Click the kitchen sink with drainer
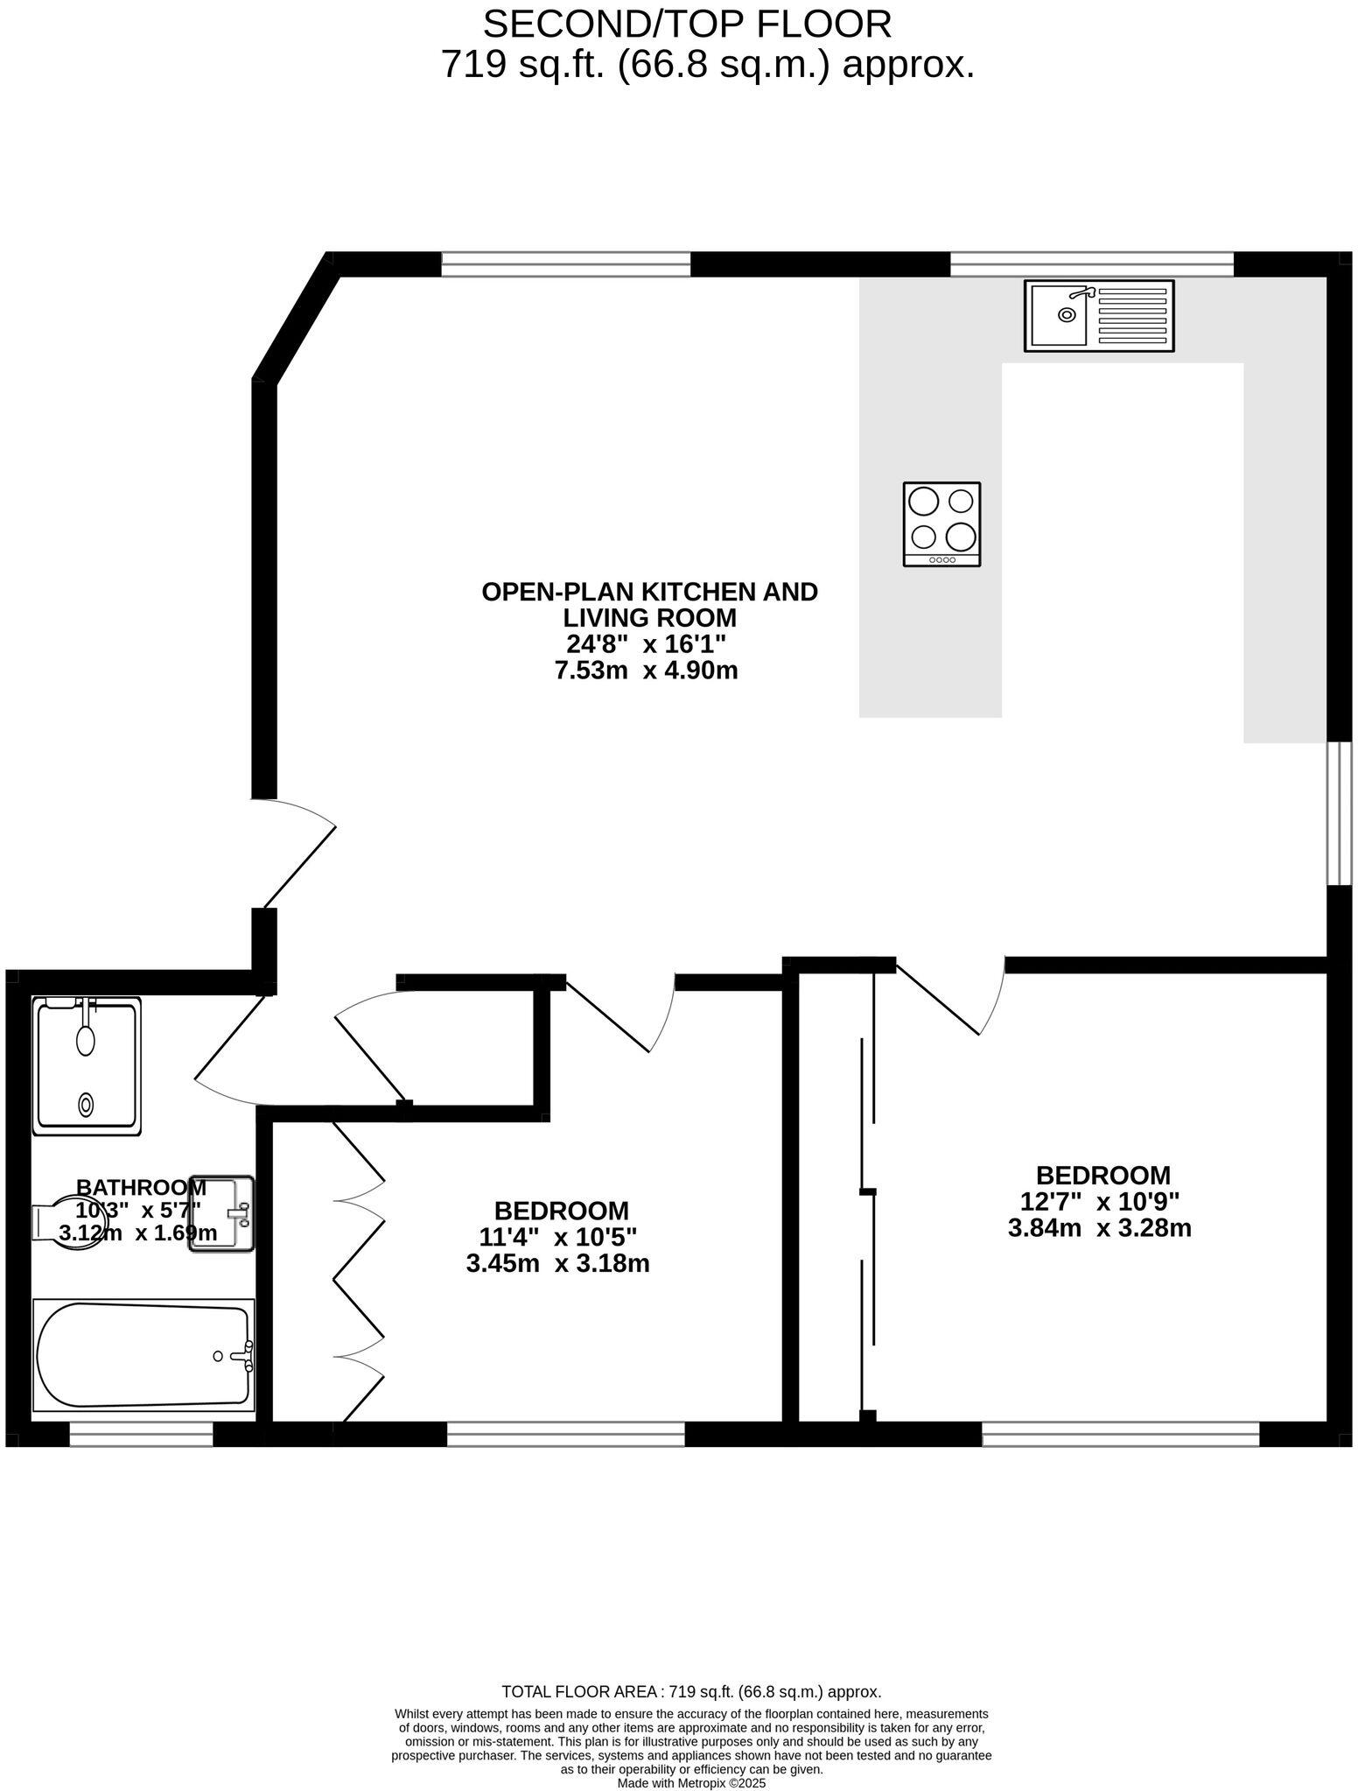1099,316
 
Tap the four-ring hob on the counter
941,523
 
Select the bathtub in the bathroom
143,1356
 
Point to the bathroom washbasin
221,1213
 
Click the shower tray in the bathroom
86,1065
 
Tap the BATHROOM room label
141,1188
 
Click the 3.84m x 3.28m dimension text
1099,1228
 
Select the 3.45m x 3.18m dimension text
558,1264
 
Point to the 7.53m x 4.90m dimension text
647,671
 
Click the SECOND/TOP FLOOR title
687,25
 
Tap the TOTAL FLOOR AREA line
691,1692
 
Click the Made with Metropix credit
691,1783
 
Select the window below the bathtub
141,1434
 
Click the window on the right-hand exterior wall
1339,814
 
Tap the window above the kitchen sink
1091,263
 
